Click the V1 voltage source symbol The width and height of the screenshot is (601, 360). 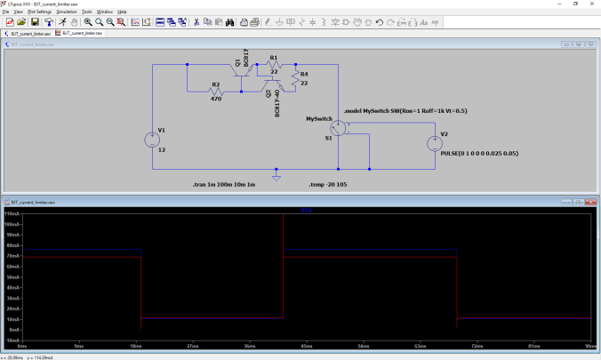(x=151, y=140)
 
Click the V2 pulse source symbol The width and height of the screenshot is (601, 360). (x=435, y=142)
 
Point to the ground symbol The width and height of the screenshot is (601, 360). (x=276, y=176)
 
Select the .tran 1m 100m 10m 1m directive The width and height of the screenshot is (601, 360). (x=223, y=184)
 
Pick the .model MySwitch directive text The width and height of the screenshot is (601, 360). (x=405, y=110)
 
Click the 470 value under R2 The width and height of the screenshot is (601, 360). (x=215, y=100)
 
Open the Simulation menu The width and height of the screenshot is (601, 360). (x=67, y=12)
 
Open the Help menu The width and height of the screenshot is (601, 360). (x=122, y=12)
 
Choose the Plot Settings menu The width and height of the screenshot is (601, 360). (x=39, y=12)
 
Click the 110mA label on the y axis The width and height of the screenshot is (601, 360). (x=12, y=214)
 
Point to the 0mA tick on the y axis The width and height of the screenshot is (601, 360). (x=14, y=339)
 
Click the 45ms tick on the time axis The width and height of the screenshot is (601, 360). (x=307, y=346)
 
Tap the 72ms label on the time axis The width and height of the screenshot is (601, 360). (x=477, y=346)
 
